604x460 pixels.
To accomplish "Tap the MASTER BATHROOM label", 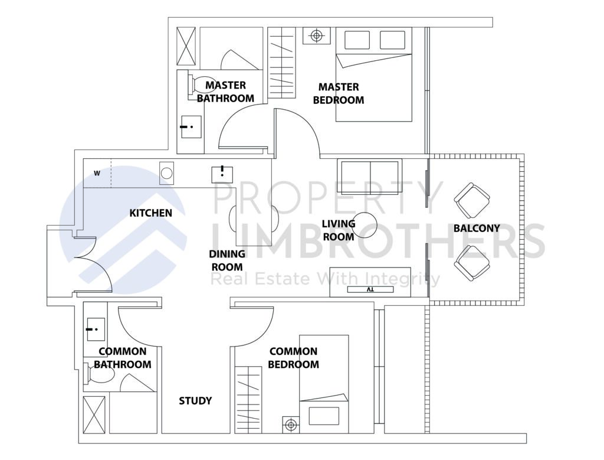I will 225,92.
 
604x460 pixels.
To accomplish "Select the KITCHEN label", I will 150,213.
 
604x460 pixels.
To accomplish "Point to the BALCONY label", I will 477,228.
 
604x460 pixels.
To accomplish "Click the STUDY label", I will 195,401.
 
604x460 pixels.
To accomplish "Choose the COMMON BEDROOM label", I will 293,358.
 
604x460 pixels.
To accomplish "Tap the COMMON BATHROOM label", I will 123,358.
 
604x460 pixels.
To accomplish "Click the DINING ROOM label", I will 227,260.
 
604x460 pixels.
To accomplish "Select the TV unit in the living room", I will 370,290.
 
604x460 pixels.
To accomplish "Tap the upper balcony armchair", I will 471,200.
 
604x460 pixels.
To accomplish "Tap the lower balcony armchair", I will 471,263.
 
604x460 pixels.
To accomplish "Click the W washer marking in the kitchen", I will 97,174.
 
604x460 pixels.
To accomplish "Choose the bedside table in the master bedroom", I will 317,36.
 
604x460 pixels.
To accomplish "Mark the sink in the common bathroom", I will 94,329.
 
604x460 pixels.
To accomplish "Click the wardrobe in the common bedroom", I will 248,393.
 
